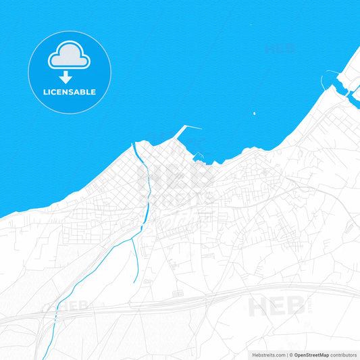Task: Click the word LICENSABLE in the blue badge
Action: tap(70, 92)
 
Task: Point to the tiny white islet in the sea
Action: tap(254, 113)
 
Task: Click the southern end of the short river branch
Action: tap(136, 280)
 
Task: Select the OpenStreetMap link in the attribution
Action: tap(310, 354)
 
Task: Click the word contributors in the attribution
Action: tap(344, 354)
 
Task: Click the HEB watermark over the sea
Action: tap(280, 49)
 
